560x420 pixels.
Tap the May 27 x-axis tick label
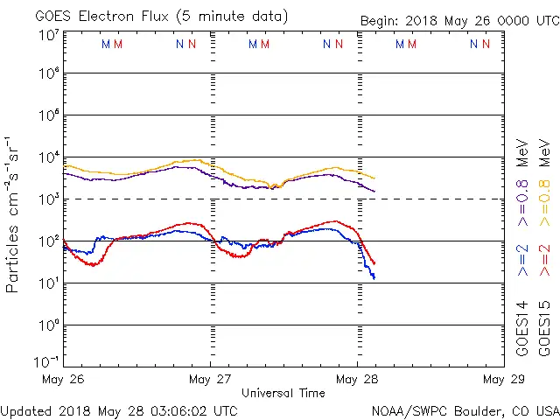[211, 380]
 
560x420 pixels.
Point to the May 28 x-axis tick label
[357, 380]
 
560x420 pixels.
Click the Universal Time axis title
[283, 393]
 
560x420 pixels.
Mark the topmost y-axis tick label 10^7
[49, 35]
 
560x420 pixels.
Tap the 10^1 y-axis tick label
[49, 283]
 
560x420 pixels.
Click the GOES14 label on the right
[522, 328]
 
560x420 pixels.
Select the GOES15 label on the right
[544, 328]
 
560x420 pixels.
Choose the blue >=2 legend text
[522, 261]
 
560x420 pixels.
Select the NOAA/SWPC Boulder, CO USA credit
[465, 409]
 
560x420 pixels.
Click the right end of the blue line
[374, 277]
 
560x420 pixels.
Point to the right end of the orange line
[374, 178]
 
